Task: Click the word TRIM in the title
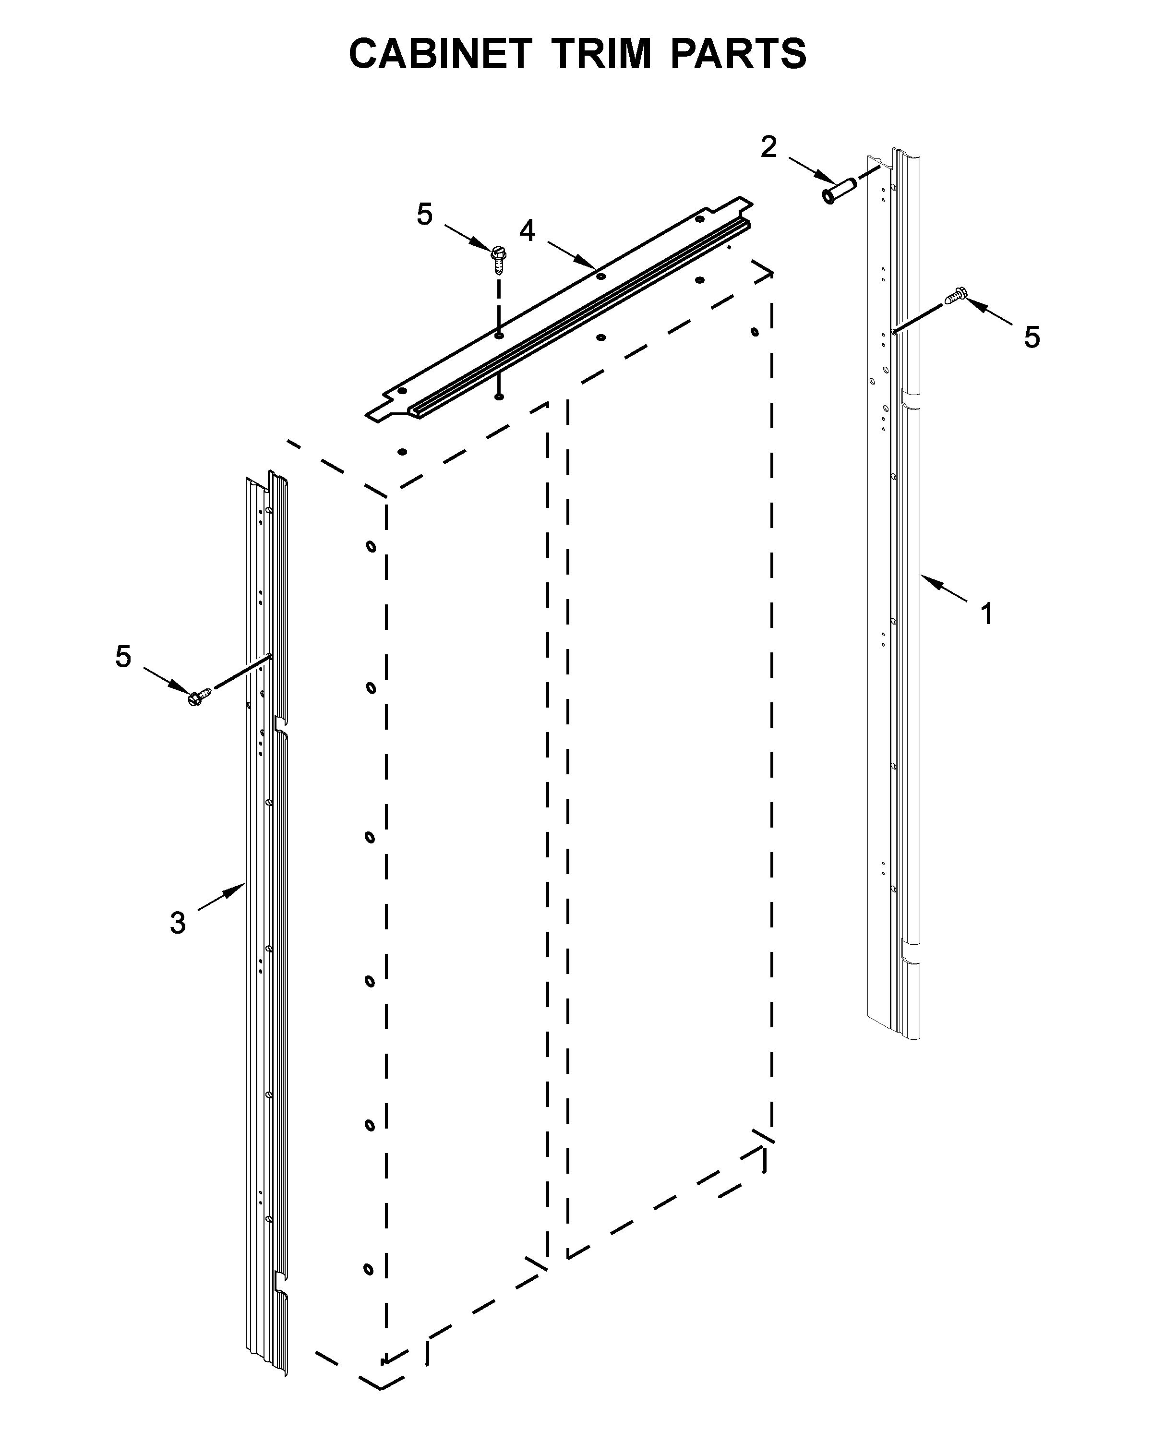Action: pyautogui.click(x=602, y=54)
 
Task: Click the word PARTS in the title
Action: pyautogui.click(x=738, y=54)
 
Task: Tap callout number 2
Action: pyautogui.click(x=768, y=147)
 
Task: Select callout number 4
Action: pyautogui.click(x=528, y=231)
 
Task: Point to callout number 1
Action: pyautogui.click(x=986, y=613)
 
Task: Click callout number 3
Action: pyautogui.click(x=178, y=923)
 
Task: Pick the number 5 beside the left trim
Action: pyautogui.click(x=123, y=657)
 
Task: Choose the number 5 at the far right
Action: pyautogui.click(x=1031, y=337)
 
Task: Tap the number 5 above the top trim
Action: pyautogui.click(x=424, y=215)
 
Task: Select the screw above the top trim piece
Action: pyautogui.click(x=498, y=258)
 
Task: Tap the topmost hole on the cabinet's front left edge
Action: pyautogui.click(x=371, y=546)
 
